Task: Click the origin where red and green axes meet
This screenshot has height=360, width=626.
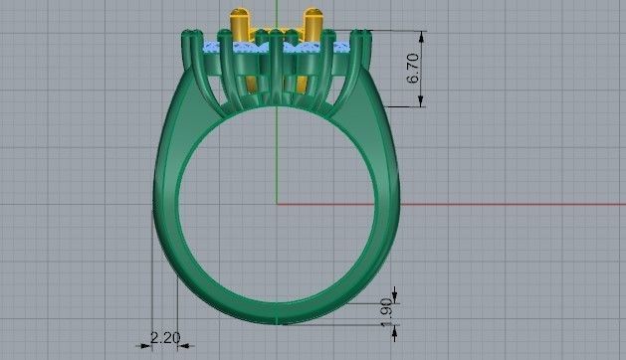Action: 277,206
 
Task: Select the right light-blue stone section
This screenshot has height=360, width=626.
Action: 341,48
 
